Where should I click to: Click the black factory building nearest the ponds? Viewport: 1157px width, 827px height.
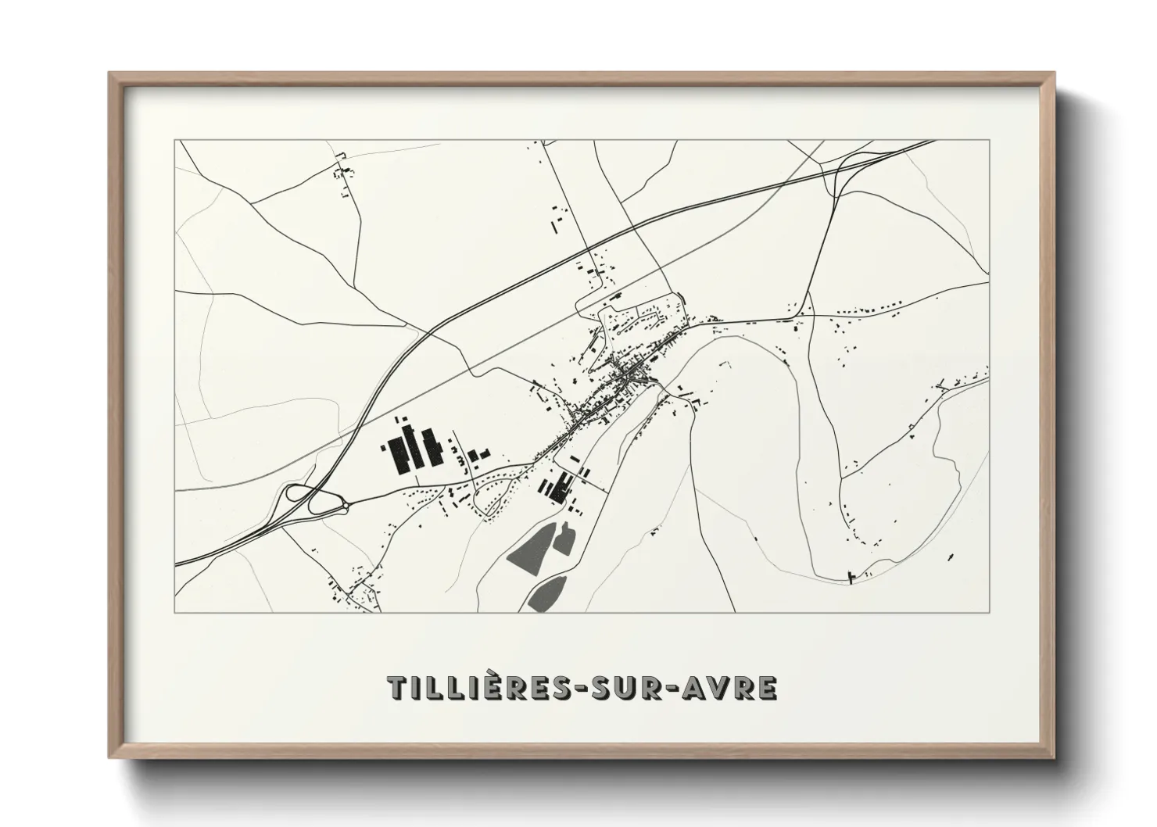tap(557, 488)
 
